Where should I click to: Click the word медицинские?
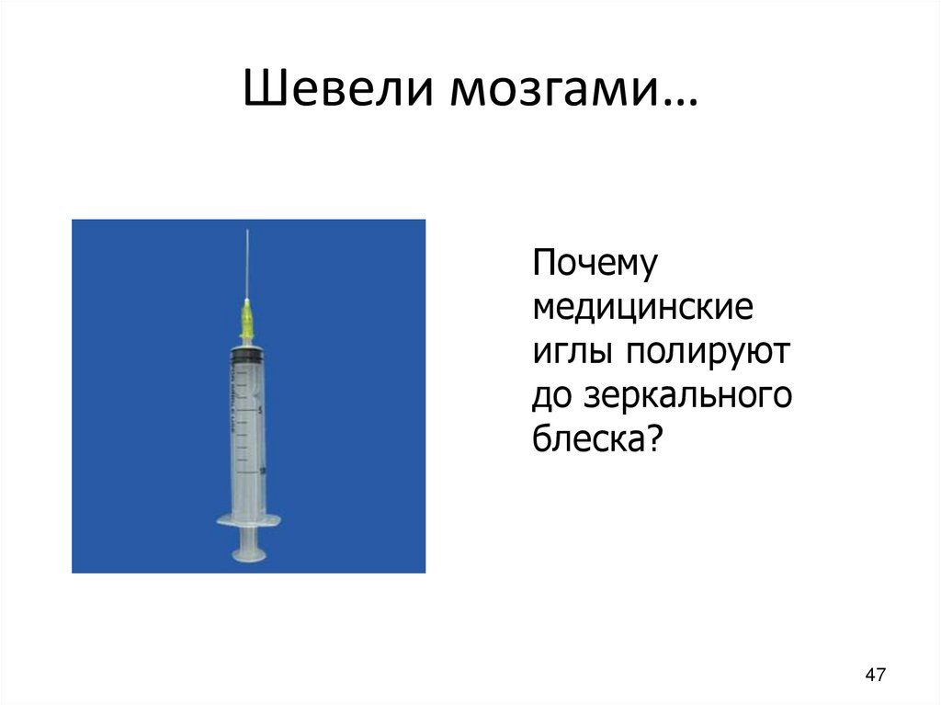[643, 309]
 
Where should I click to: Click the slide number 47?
[875, 676]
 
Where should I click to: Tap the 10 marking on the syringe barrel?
[263, 471]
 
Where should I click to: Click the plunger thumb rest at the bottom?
[248, 553]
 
